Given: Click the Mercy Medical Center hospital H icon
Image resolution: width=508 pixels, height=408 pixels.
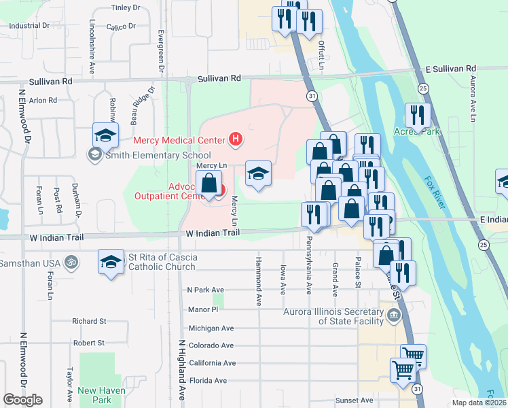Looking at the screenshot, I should click(x=235, y=141).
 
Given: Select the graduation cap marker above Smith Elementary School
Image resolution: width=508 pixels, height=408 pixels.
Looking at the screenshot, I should click(x=106, y=135).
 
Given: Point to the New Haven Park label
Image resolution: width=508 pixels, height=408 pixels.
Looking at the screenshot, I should click(x=94, y=395).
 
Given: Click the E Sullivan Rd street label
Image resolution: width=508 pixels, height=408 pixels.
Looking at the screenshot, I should click(x=450, y=69).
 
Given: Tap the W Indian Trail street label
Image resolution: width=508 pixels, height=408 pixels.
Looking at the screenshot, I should click(x=213, y=233).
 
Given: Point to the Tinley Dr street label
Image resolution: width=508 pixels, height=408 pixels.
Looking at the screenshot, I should click(x=125, y=7).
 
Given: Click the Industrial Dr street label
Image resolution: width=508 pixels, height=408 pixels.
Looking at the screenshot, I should click(x=29, y=25).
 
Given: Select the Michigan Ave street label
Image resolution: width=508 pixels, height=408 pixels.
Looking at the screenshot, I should click(x=211, y=328).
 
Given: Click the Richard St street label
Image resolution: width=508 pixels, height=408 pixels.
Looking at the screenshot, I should click(x=90, y=321).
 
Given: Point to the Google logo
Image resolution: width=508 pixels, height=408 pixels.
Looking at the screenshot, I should click(x=22, y=400).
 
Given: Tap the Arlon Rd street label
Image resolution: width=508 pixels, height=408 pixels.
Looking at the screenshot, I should click(x=42, y=100).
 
